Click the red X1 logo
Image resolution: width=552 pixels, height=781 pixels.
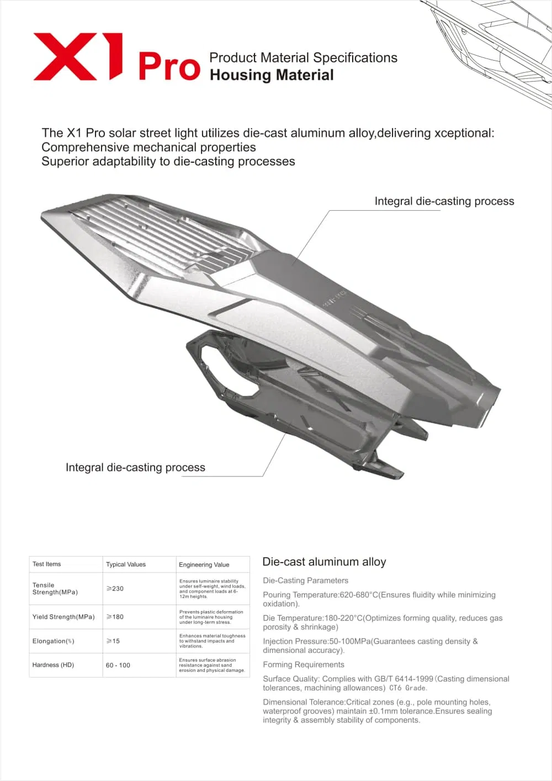77,56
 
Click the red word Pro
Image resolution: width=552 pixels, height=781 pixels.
169,67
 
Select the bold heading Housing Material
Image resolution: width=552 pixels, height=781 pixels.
272,75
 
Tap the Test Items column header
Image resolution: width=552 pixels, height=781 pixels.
47,564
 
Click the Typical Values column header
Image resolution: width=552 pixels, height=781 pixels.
126,564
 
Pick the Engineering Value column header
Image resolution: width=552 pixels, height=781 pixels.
204,565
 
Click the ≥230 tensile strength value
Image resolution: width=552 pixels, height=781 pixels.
115,589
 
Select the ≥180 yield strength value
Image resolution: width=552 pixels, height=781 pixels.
115,617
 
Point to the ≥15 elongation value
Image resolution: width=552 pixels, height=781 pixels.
113,641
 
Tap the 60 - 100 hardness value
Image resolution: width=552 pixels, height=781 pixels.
118,665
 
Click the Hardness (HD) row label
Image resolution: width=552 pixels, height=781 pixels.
53,665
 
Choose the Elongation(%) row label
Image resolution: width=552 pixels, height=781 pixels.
54,641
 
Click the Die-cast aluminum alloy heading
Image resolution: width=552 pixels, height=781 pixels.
324,562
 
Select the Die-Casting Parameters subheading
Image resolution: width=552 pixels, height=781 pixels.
305,580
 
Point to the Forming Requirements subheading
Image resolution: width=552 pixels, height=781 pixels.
304,665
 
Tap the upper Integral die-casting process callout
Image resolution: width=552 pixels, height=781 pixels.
444,201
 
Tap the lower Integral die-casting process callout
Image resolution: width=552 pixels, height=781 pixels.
135,468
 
